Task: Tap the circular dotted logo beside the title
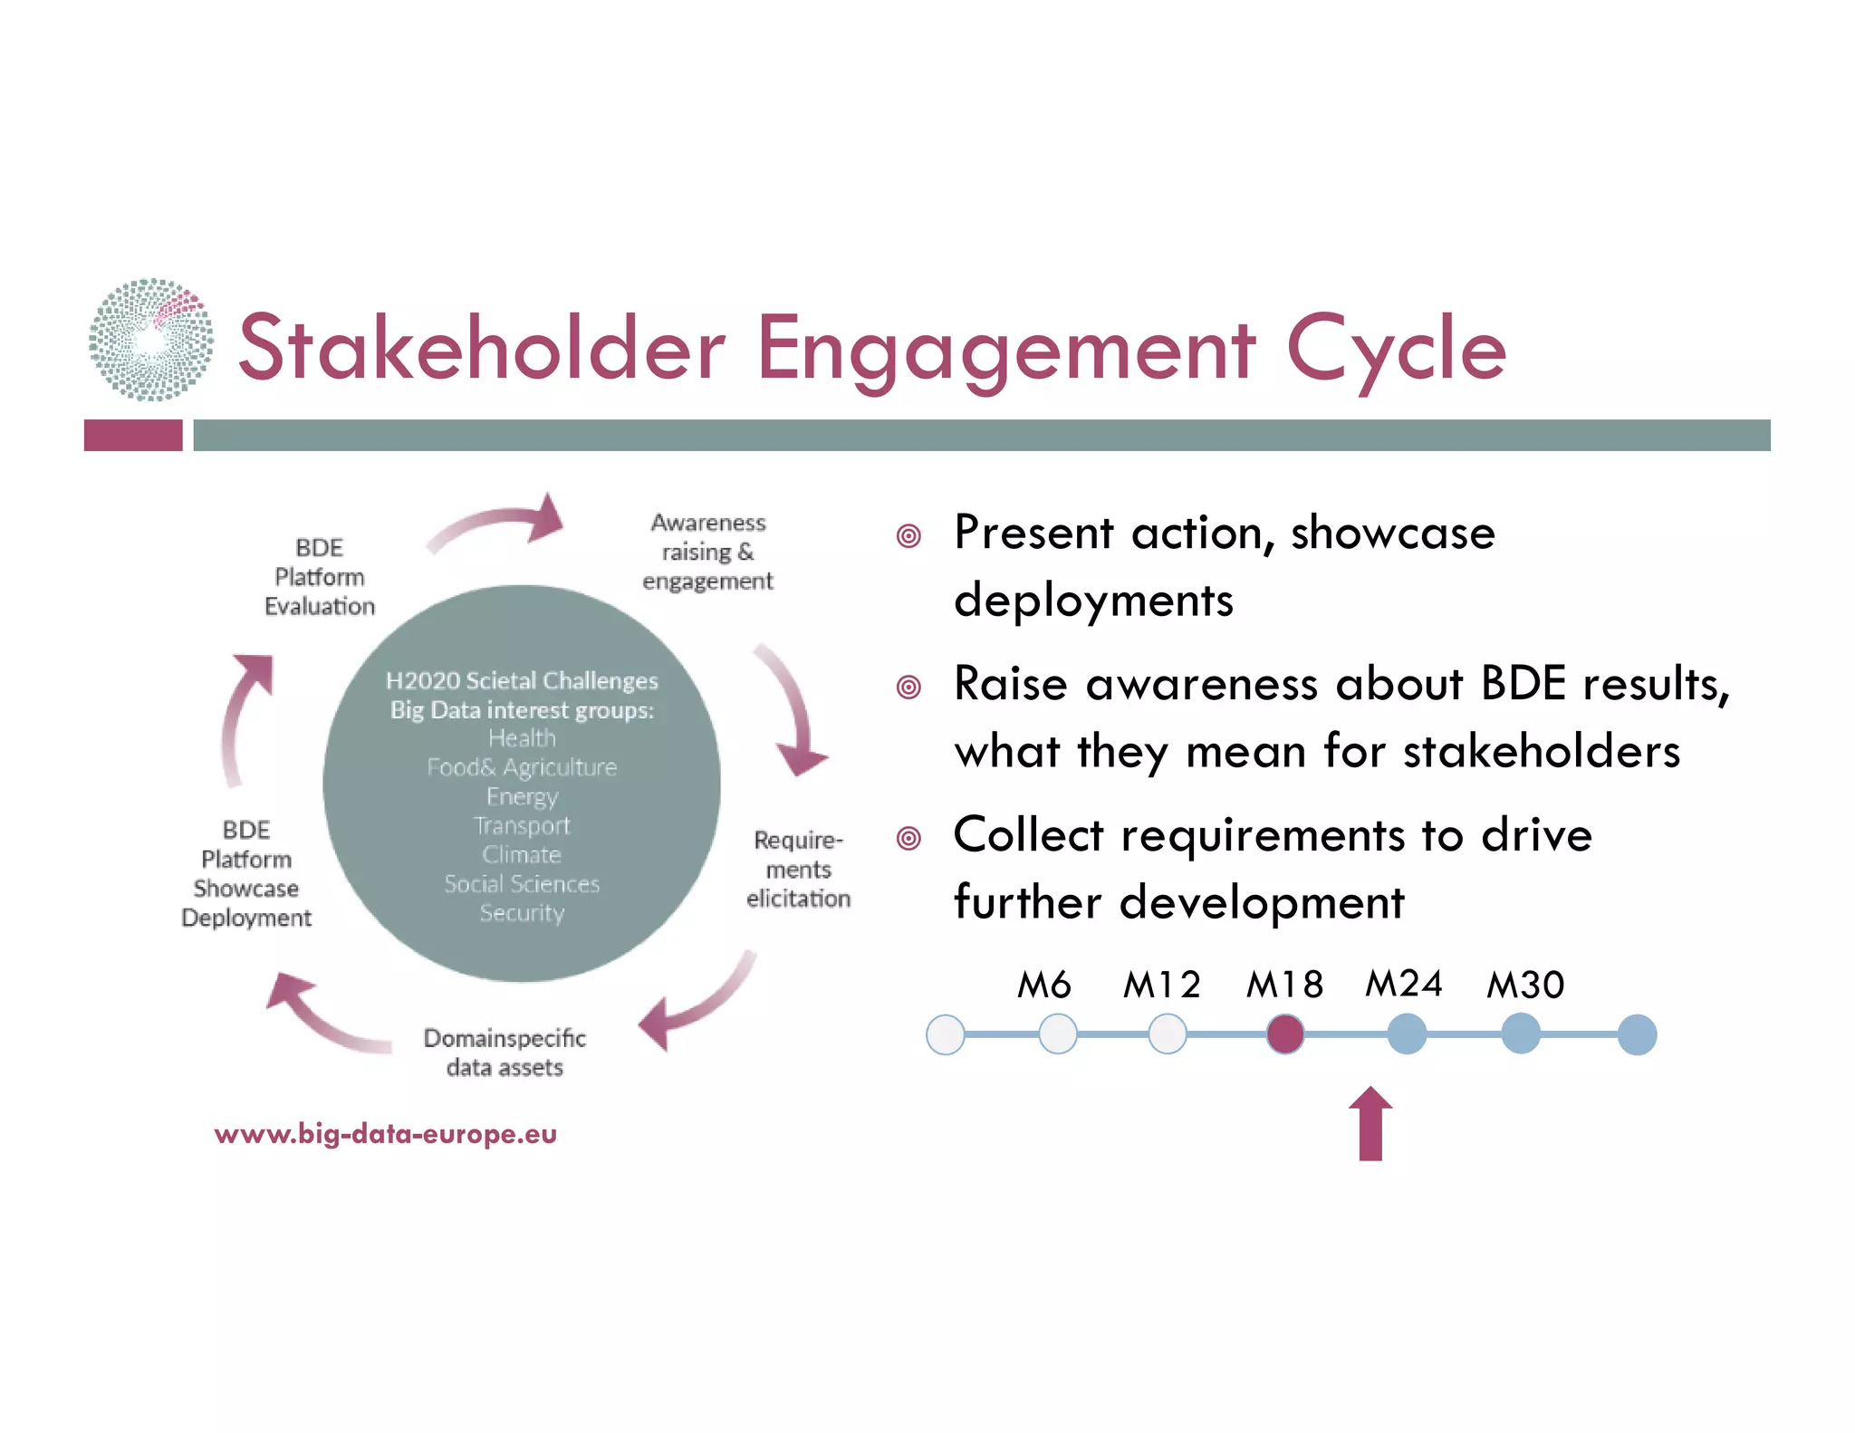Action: (x=151, y=340)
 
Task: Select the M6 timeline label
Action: (x=1043, y=985)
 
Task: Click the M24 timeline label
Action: (x=1403, y=984)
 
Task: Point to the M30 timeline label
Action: (x=1525, y=985)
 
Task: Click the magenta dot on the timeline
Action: (x=1284, y=1034)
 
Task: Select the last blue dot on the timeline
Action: (x=1637, y=1034)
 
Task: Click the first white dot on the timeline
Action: (x=946, y=1034)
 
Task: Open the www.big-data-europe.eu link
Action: (x=386, y=1134)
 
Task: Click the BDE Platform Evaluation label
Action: (x=320, y=577)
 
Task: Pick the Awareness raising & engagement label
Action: (x=708, y=552)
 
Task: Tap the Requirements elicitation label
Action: (x=798, y=870)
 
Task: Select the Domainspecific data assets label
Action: (x=505, y=1053)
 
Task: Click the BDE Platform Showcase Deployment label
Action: (x=246, y=874)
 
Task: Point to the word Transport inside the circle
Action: (x=522, y=826)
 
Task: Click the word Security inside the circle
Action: (x=522, y=913)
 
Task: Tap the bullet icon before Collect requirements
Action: (x=908, y=838)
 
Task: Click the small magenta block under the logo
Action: (x=133, y=436)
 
